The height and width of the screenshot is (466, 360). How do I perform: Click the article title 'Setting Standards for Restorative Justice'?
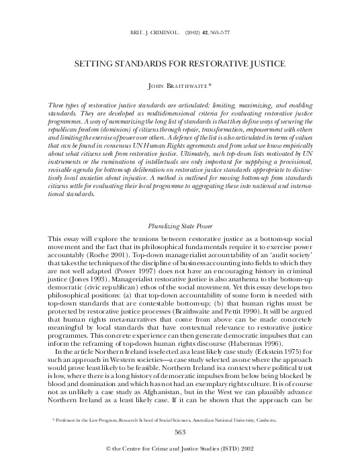coord(179,63)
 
